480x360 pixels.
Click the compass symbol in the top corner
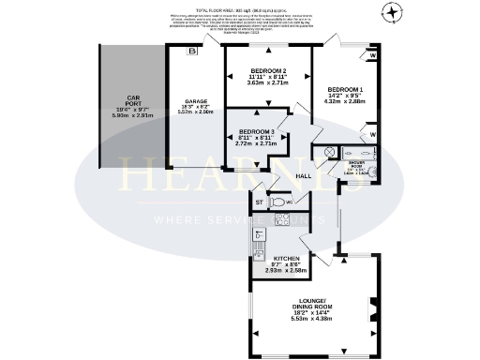pos(392,12)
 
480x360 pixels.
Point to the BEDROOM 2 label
pos(268,71)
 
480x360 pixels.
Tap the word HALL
pos(304,175)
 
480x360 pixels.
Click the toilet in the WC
pos(278,202)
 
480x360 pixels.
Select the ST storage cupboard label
pos(260,201)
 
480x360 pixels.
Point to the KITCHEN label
pos(286,258)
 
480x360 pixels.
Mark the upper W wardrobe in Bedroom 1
pos(373,56)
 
